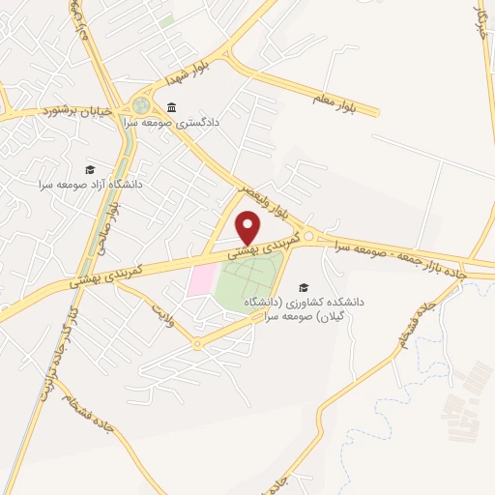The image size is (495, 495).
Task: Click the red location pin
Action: (x=248, y=227)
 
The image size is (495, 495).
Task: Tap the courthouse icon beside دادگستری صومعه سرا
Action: (x=172, y=106)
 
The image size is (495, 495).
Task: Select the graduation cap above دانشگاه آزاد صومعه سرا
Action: (x=90, y=169)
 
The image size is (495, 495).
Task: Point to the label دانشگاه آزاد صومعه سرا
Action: (x=90, y=184)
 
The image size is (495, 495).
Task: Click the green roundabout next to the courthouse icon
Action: (x=142, y=103)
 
